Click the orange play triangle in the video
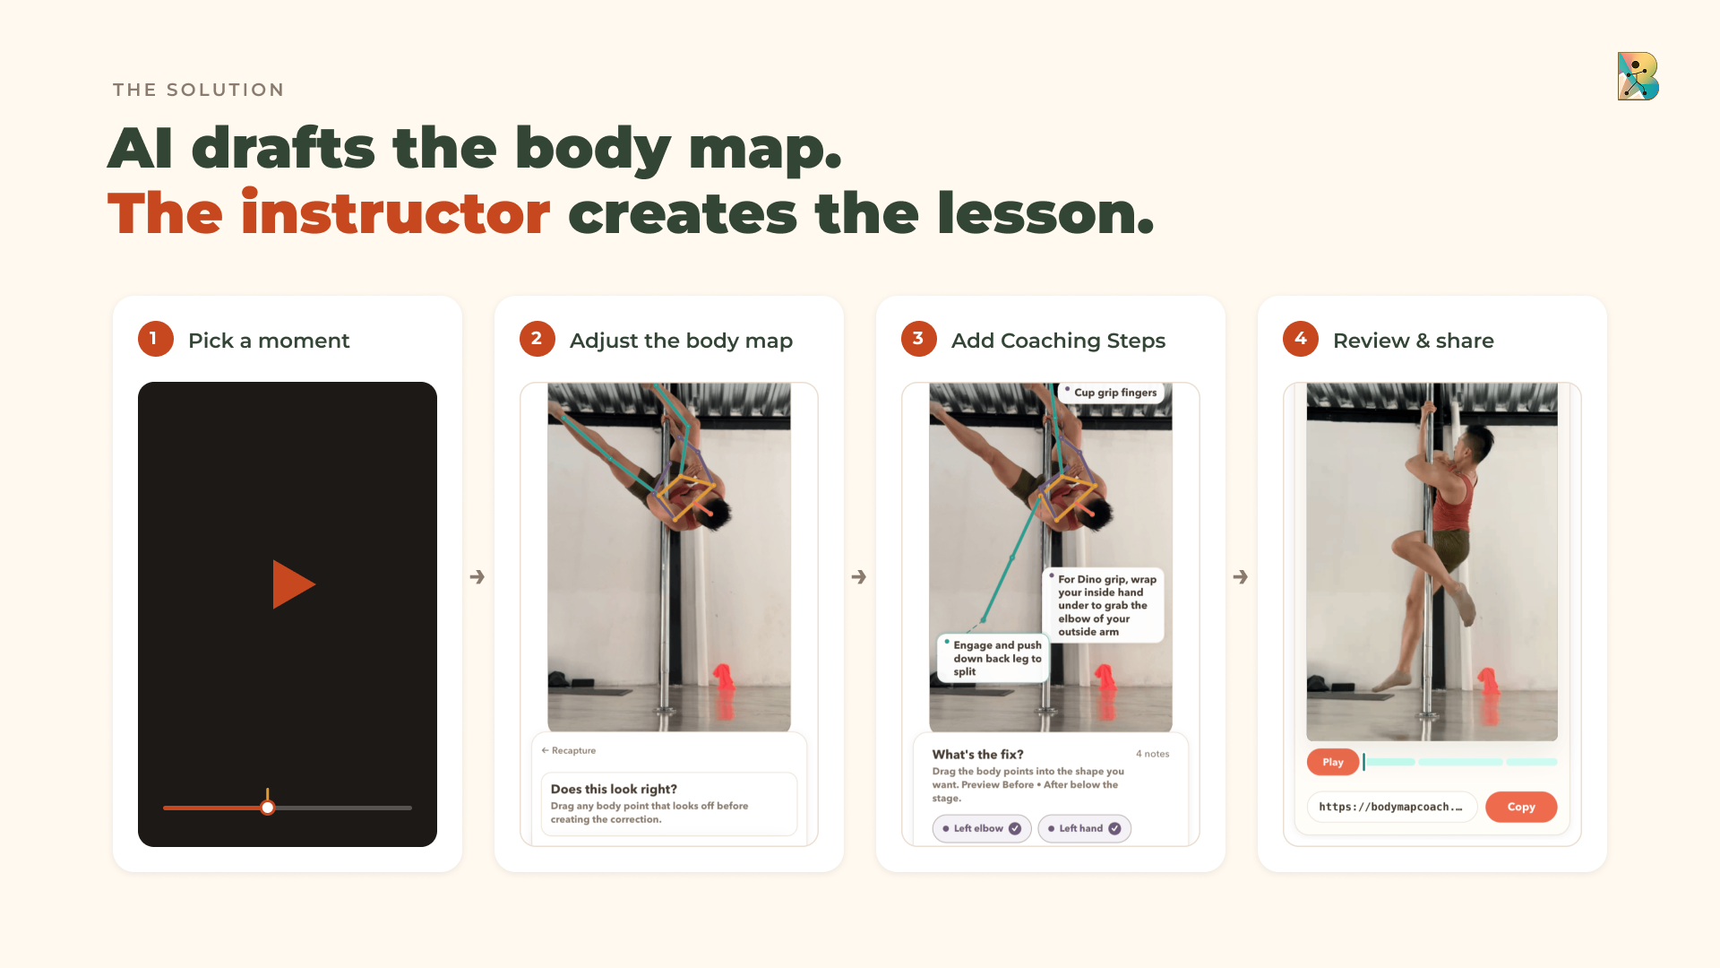[x=292, y=584]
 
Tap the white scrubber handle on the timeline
[x=267, y=808]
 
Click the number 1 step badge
[x=155, y=339]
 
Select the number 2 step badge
[x=537, y=339]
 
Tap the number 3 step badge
[x=918, y=339]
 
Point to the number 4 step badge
[x=1300, y=339]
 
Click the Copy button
[x=1520, y=807]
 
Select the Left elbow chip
[x=981, y=828]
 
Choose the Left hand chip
[x=1084, y=828]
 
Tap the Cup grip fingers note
[x=1111, y=393]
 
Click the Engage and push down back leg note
[x=993, y=658]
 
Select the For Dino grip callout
[x=1104, y=605]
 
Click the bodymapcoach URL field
[x=1391, y=807]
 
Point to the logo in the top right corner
[x=1638, y=76]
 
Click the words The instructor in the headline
[x=329, y=213]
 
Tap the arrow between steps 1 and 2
[x=477, y=576]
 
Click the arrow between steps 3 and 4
[x=1241, y=576]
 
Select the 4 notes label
[x=1152, y=754]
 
